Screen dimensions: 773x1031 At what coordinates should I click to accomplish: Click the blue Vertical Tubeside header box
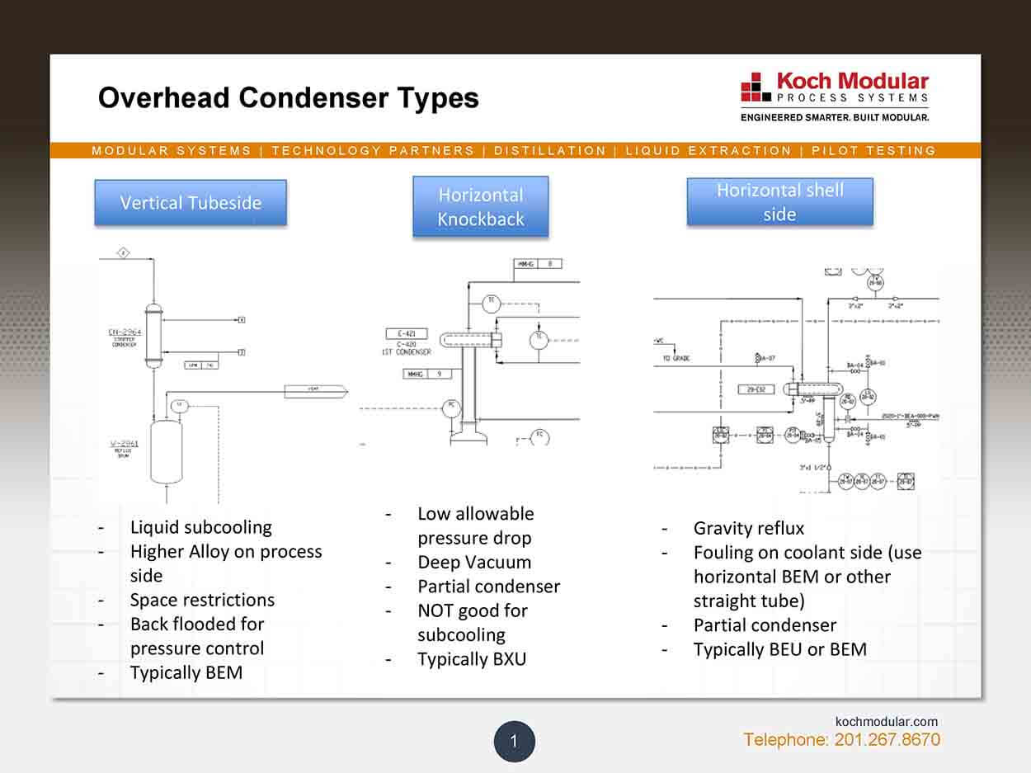(x=191, y=203)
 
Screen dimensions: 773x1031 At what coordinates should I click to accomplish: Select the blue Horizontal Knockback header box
(x=480, y=207)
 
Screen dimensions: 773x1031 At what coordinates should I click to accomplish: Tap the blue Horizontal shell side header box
(x=779, y=202)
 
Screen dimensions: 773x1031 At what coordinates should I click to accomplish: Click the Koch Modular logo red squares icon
(x=755, y=87)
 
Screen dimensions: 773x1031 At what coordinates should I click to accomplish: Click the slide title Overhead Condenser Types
(x=288, y=98)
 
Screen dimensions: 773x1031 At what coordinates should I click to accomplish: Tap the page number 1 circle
(x=514, y=741)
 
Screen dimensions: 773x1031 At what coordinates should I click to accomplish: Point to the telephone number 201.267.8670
(x=887, y=739)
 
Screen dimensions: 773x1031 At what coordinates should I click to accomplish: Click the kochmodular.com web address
(x=887, y=721)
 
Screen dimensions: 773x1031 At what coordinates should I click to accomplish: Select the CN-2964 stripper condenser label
(x=125, y=337)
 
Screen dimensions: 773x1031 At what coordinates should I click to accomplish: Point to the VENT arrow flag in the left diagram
(x=316, y=391)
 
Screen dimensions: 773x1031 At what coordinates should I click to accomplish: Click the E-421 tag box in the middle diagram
(x=406, y=334)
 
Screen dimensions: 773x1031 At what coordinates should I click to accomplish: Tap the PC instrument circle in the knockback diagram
(x=450, y=407)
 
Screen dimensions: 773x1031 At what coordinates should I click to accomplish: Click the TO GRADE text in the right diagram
(x=676, y=359)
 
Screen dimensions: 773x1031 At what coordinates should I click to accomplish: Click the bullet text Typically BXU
(x=471, y=659)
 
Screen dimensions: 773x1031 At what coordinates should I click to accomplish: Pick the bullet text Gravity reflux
(x=748, y=528)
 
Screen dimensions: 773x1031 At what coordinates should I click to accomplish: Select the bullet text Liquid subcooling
(x=200, y=527)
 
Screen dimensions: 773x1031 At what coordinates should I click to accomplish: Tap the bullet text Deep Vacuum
(x=473, y=563)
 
